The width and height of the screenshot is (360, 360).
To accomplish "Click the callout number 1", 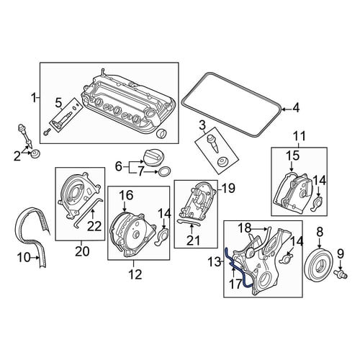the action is [33, 99].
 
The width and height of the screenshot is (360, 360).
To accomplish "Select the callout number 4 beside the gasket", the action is [296, 108].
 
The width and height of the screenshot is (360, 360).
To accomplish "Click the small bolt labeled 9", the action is [341, 274].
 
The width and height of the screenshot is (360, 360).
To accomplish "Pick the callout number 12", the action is [135, 274].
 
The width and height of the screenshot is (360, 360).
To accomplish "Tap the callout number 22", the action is [94, 226].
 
